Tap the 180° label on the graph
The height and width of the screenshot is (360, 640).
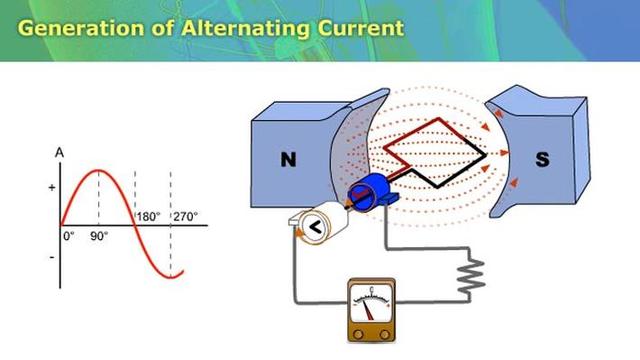click(149, 216)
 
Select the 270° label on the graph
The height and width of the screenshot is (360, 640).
click(185, 216)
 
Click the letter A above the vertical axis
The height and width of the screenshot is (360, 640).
click(60, 153)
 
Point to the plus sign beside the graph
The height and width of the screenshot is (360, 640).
click(52, 187)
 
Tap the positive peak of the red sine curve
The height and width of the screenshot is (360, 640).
click(97, 171)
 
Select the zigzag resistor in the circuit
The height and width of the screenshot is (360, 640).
click(471, 271)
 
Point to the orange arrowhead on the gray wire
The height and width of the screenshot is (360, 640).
click(297, 232)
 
